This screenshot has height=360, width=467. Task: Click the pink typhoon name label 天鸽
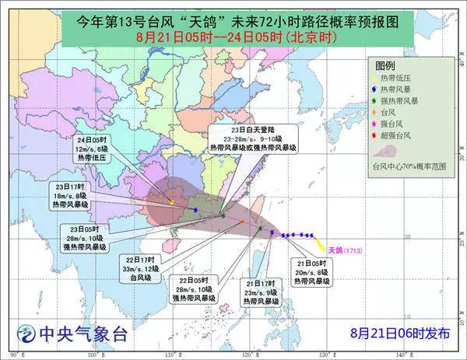pyautogui.click(x=334, y=250)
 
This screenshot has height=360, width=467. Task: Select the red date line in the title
pyautogui.click(x=233, y=36)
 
